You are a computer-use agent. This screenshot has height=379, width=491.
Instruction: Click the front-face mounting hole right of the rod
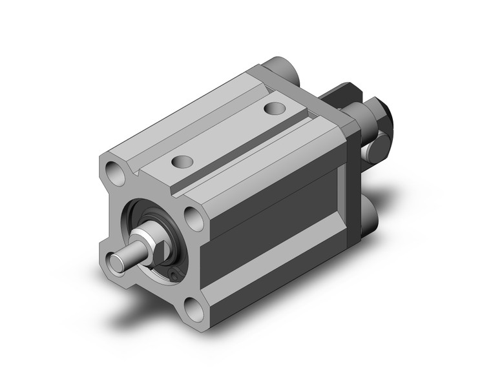(x=194, y=216)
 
